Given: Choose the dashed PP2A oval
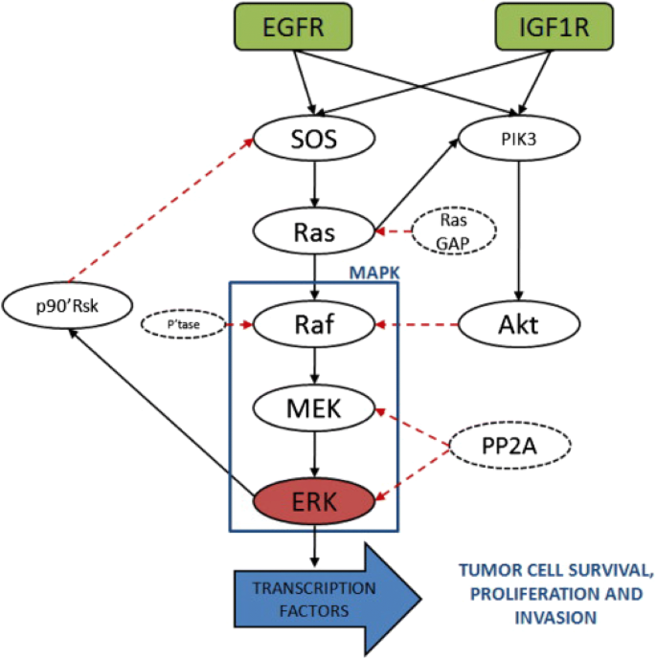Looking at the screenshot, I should pos(509,446).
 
